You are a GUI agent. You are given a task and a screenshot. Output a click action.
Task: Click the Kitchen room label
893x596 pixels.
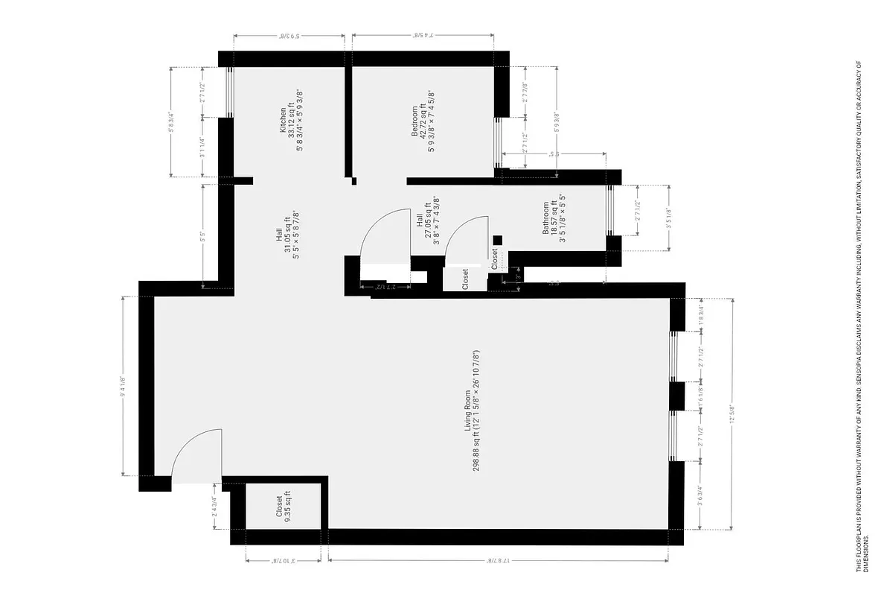pyautogui.click(x=283, y=118)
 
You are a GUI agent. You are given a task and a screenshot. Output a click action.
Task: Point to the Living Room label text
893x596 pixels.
pyautogui.click(x=467, y=412)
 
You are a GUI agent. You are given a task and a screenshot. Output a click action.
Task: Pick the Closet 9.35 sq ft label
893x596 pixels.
pyautogui.click(x=280, y=507)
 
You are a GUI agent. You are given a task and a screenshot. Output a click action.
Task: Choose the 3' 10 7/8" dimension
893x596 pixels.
pyautogui.click(x=284, y=561)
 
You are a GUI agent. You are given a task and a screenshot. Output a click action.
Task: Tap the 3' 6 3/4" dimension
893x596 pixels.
pyautogui.click(x=700, y=495)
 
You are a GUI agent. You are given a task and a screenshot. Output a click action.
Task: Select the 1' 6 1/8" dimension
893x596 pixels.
pyautogui.click(x=700, y=396)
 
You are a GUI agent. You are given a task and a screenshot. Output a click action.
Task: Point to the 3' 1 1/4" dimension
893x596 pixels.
pyautogui.click(x=202, y=147)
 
